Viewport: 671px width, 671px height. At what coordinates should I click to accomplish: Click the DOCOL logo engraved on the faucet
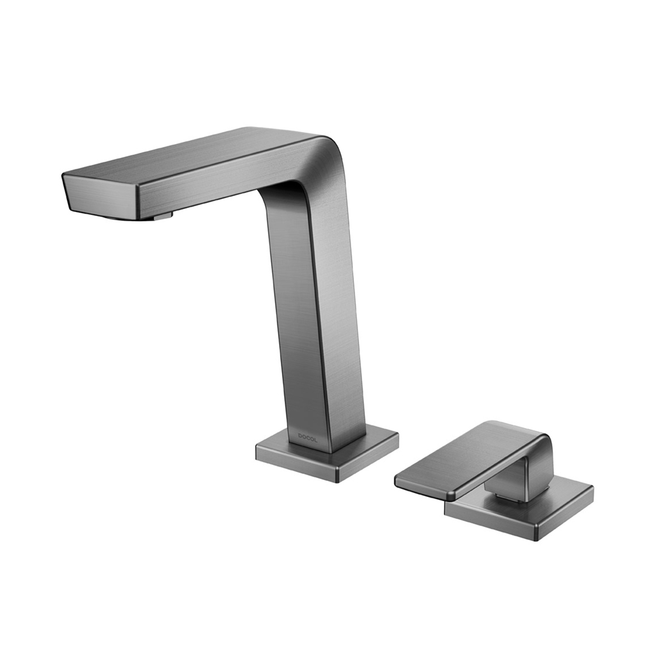coord(308,440)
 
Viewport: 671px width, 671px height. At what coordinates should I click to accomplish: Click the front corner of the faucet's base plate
coord(337,482)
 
